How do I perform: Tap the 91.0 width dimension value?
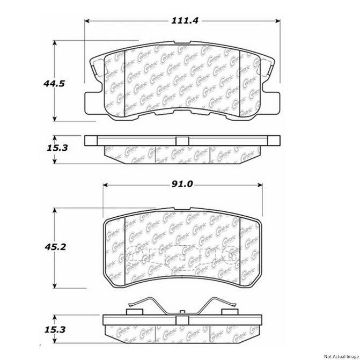coord(182,185)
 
